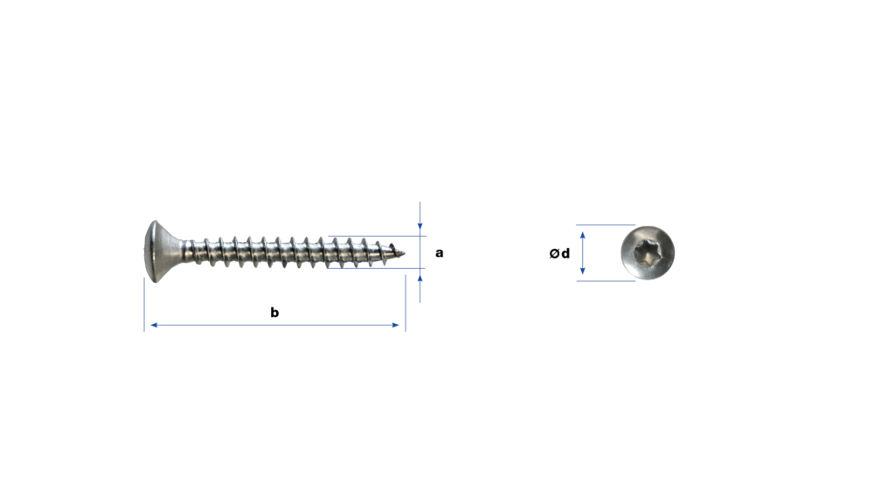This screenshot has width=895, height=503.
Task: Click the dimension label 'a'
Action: [x=439, y=252]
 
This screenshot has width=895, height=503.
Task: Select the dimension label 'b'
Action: [x=274, y=312]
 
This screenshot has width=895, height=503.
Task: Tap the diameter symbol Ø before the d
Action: [x=554, y=253]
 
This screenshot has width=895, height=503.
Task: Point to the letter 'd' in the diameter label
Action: [x=565, y=252]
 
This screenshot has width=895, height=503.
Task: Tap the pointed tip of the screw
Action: [x=403, y=252]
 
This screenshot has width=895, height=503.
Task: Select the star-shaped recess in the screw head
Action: [x=647, y=252]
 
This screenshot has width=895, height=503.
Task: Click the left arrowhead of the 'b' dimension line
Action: [x=154, y=325]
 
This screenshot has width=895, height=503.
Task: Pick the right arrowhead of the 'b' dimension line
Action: [x=396, y=325]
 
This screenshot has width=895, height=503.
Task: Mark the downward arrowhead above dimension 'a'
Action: [x=420, y=226]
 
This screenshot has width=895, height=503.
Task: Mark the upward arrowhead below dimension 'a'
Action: [x=420, y=279]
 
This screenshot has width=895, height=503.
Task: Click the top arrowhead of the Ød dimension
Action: [x=582, y=236]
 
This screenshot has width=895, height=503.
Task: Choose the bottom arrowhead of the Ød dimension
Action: [x=582, y=271]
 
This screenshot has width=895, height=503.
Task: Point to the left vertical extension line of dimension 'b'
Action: [x=144, y=305]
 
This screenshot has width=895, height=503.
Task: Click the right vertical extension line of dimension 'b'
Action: [x=406, y=303]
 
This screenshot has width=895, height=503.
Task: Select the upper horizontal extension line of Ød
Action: [x=605, y=224]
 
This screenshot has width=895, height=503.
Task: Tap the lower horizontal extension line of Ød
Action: [x=605, y=280]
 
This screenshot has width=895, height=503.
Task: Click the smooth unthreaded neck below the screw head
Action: [x=186, y=251]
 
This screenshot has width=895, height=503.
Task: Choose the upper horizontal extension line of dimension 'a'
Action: [x=377, y=236]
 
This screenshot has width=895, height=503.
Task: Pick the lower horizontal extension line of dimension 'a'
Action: [x=377, y=268]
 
